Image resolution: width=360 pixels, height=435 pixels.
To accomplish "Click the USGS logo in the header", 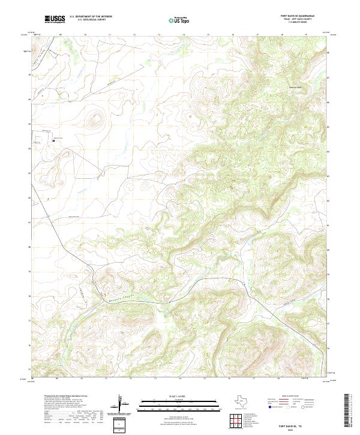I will coord(55,19).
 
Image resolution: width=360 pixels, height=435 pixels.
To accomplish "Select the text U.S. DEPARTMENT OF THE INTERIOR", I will coord(91,17).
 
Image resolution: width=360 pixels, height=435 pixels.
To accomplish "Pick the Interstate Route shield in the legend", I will coord(271,407).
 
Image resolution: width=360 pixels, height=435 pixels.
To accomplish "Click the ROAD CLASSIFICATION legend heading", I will coord(290,395).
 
